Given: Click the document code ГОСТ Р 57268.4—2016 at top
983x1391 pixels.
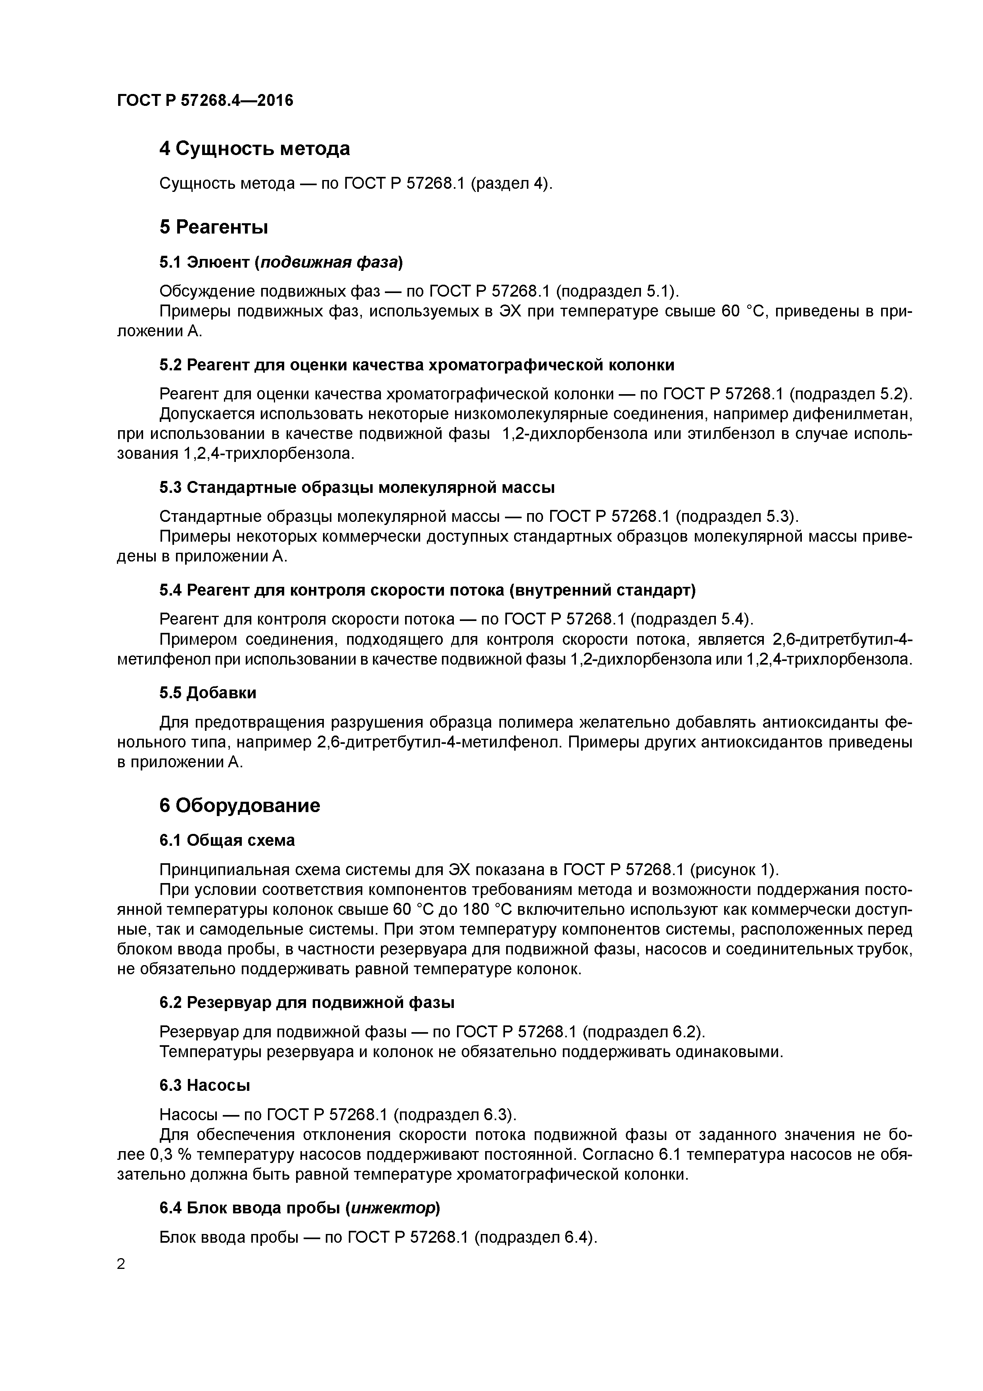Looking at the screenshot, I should click(x=205, y=101).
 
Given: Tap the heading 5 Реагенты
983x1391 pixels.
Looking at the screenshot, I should click(x=213, y=227).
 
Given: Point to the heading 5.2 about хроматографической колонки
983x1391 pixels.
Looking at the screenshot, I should click(x=417, y=365).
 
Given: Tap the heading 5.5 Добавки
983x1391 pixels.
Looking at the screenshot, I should click(x=208, y=692).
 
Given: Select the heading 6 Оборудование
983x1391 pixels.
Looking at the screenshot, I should click(x=239, y=806).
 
